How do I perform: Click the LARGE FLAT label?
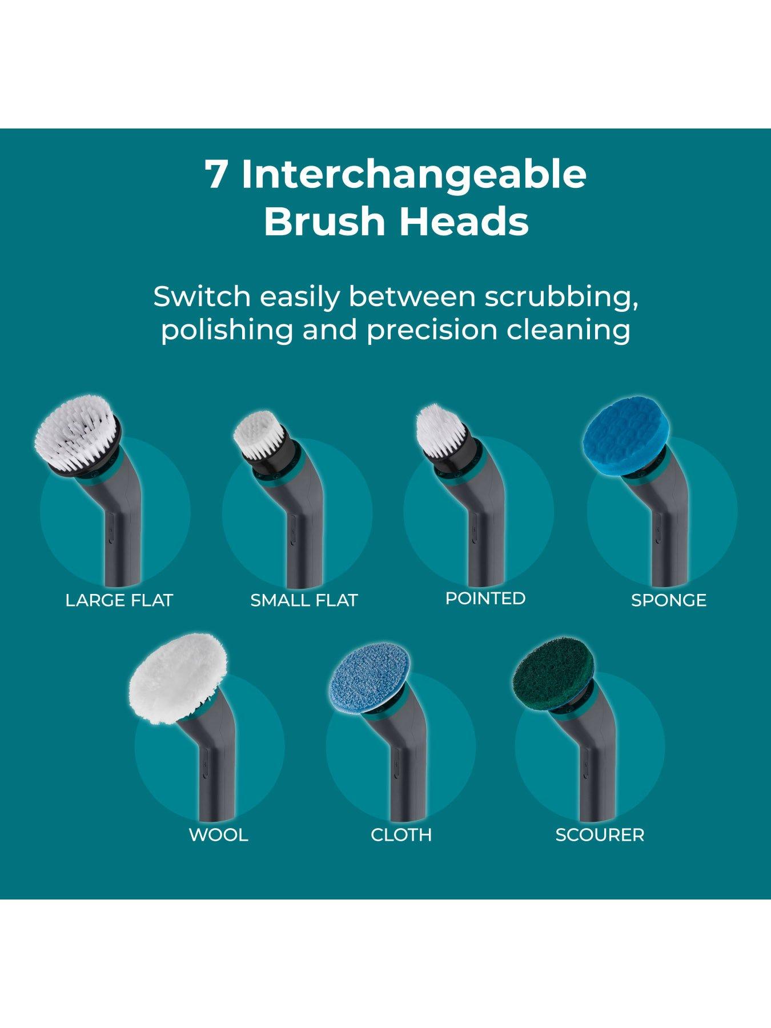pyautogui.click(x=119, y=600)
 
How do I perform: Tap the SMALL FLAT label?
pyautogui.click(x=304, y=600)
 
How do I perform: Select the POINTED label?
pyautogui.click(x=485, y=598)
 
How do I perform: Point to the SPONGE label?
pyautogui.click(x=669, y=600)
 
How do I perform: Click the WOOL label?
pyautogui.click(x=218, y=835)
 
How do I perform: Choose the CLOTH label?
pyautogui.click(x=401, y=835)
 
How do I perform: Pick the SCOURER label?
pyautogui.click(x=600, y=835)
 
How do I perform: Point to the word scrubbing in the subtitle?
pyautogui.click(x=561, y=298)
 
